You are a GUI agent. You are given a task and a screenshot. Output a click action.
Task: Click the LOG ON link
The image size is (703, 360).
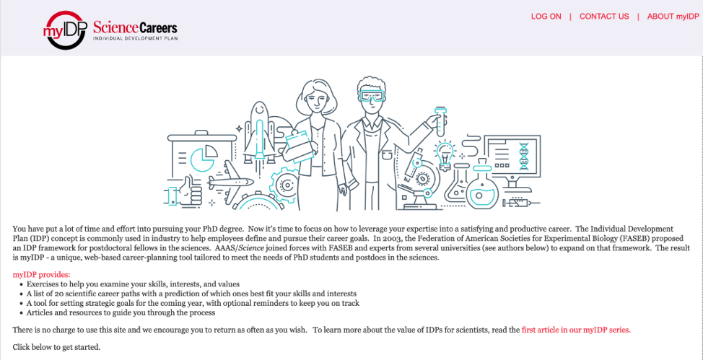pos(546,17)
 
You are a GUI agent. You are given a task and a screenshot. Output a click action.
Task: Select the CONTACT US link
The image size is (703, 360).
pos(604,17)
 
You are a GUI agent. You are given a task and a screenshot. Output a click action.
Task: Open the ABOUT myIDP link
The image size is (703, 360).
pos(673,17)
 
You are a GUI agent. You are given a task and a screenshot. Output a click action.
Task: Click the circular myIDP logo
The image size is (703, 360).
pos(65,30)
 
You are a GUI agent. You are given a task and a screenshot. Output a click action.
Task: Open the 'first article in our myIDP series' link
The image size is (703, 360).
pos(576,330)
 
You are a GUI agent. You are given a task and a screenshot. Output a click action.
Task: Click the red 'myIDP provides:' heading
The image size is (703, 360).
pos(42,275)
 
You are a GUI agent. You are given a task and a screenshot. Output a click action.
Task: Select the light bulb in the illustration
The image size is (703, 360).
pos(445,154)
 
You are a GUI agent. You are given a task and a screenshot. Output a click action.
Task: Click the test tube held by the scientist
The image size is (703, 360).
pos(440,121)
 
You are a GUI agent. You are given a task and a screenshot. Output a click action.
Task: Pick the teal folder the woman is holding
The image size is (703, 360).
pos(300,144)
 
